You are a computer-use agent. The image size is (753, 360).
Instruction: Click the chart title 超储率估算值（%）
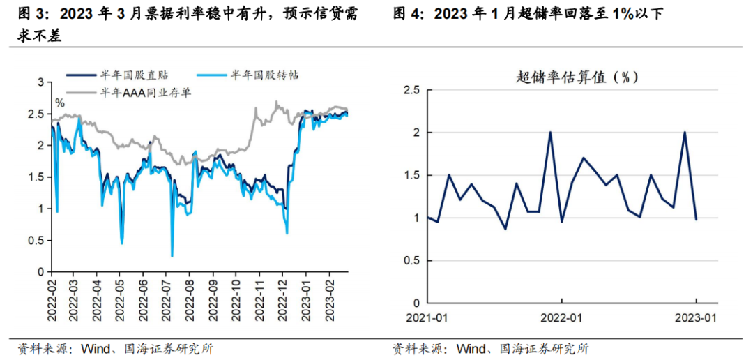[x=577, y=77]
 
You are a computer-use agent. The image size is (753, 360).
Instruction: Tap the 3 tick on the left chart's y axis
[x=40, y=82]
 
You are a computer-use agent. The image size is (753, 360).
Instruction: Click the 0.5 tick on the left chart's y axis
[x=36, y=240]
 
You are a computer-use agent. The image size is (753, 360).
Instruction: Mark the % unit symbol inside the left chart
[x=60, y=103]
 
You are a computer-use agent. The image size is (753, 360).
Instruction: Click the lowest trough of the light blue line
[x=172, y=256]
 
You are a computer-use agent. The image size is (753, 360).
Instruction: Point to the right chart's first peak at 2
[x=550, y=133]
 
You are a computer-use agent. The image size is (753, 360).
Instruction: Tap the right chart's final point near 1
[x=696, y=219]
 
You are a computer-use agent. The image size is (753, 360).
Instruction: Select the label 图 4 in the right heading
[x=408, y=13]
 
